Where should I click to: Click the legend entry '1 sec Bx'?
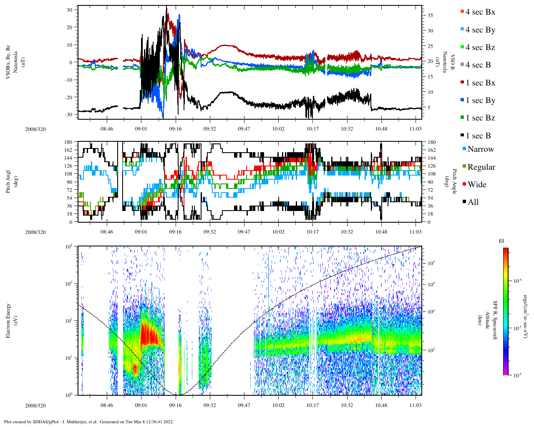pos(480,83)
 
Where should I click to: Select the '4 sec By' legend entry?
pos(480,30)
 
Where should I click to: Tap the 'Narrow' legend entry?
pos(481,149)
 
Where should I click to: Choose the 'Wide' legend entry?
pos(477,185)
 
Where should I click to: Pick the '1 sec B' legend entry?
pos(478,136)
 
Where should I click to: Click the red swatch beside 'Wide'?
pos(464,184)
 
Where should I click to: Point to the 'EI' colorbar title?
pos(501,241)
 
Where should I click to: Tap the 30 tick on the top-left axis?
pos(69,10)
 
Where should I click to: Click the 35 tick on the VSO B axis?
pos(430,15)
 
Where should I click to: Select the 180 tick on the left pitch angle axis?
pos(68,142)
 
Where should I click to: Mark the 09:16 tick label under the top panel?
pos(175,129)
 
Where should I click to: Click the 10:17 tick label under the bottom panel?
pos(312,405)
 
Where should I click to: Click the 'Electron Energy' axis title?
pos(8,321)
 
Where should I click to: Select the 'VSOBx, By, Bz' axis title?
pos(8,61)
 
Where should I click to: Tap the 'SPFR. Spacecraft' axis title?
pos(495,321)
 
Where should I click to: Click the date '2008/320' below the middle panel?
pos(35,232)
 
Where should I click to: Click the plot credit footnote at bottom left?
pos(88,422)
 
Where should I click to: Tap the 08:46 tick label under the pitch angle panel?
pos(107,232)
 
